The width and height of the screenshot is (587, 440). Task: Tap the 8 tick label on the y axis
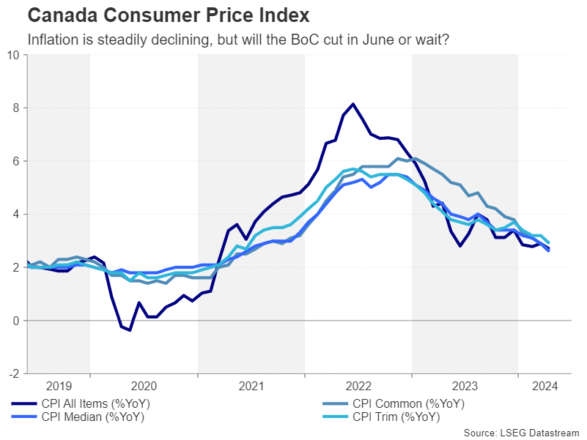point(16,108)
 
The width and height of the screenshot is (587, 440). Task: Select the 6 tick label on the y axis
point(16,161)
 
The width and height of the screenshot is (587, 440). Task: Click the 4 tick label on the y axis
point(16,215)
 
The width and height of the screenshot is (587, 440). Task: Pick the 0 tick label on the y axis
point(16,321)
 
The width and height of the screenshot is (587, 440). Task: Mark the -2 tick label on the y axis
point(14,373)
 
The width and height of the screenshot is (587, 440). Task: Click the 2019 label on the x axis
point(59,386)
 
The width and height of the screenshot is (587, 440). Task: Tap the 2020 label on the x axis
point(144,386)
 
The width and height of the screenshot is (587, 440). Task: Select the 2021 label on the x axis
point(251,386)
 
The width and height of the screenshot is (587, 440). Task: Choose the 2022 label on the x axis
point(358,386)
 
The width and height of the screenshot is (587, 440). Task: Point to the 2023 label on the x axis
point(465,386)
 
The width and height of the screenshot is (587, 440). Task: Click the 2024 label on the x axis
point(544,386)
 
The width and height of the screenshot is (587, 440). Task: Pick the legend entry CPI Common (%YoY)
point(408,403)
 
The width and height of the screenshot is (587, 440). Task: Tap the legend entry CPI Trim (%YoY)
point(396,417)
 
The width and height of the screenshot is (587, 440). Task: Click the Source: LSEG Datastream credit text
point(521,433)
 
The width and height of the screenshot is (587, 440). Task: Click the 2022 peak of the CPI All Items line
point(353,104)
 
